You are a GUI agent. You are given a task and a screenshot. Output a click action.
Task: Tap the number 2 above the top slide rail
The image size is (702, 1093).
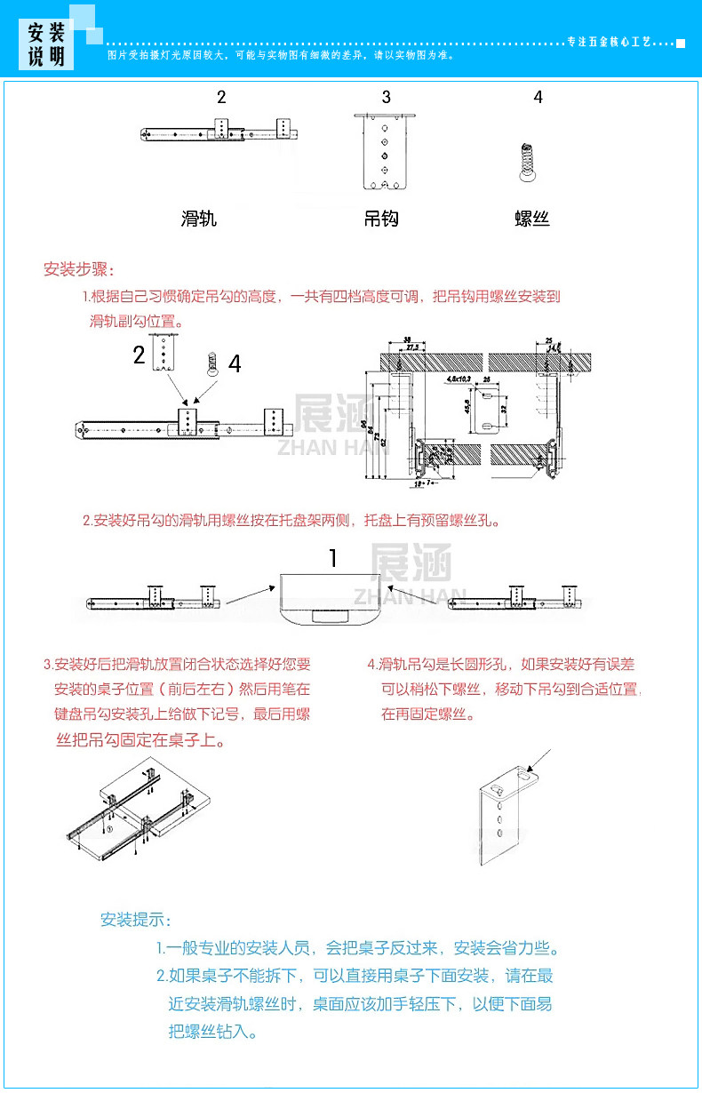[x=221, y=97]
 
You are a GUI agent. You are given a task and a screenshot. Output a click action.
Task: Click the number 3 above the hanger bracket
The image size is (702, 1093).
[x=386, y=97]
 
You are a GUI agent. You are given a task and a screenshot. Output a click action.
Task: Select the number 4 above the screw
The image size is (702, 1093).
[x=538, y=97]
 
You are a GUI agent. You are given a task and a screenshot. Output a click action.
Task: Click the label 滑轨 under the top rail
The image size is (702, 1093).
[x=198, y=218]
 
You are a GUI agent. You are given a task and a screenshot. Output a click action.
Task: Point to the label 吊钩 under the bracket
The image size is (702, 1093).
[x=381, y=218]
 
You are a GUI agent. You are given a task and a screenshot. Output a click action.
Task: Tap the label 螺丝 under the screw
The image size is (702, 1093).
[x=532, y=218]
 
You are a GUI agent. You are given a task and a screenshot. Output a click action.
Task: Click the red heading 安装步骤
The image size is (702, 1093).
[x=79, y=269]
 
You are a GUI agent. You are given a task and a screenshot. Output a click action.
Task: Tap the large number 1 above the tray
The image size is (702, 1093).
[x=333, y=558]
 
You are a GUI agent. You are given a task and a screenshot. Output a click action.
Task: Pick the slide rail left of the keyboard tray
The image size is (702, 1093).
[x=153, y=601]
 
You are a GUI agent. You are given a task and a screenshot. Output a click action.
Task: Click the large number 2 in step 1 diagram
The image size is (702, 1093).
[x=139, y=356]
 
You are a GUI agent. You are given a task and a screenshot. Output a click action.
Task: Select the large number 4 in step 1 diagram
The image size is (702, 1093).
[x=235, y=364]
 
